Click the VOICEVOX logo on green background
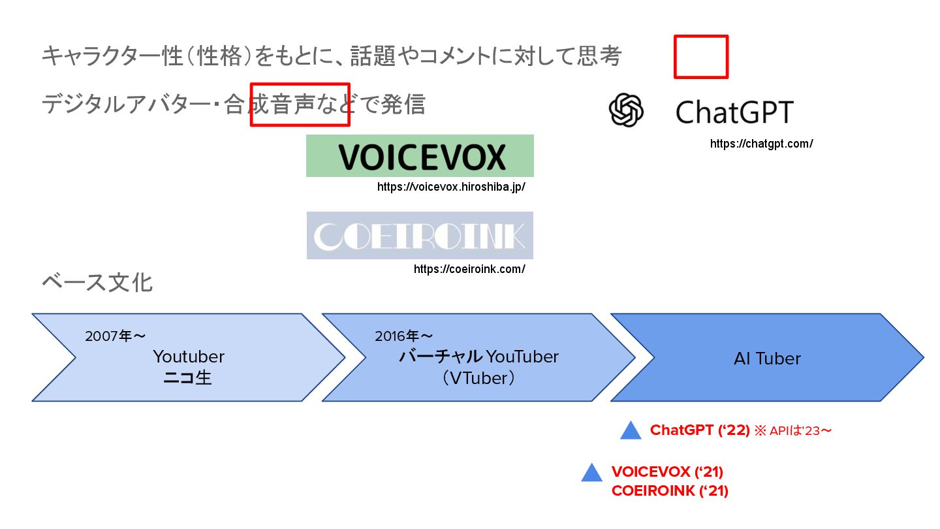pos(420,156)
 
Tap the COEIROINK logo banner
pos(420,236)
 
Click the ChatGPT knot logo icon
pos(626,110)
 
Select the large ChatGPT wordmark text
pos(734,112)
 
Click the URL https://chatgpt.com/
pos(761,144)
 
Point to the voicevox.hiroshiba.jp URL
pos(451,187)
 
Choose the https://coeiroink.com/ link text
pos(469,269)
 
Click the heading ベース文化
pos(97,283)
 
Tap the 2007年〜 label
pos(115,336)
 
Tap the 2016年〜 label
pos(403,336)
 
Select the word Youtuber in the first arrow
pos(189,357)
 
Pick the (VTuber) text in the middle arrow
pos(478,378)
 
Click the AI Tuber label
pos(767,359)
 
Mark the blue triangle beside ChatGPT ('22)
pos(631,431)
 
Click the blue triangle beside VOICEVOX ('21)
pos(591,473)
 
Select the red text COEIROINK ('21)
pos(670,491)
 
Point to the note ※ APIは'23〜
pos(792,431)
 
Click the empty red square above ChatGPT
pos(700,57)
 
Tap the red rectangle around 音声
pos(300,104)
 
